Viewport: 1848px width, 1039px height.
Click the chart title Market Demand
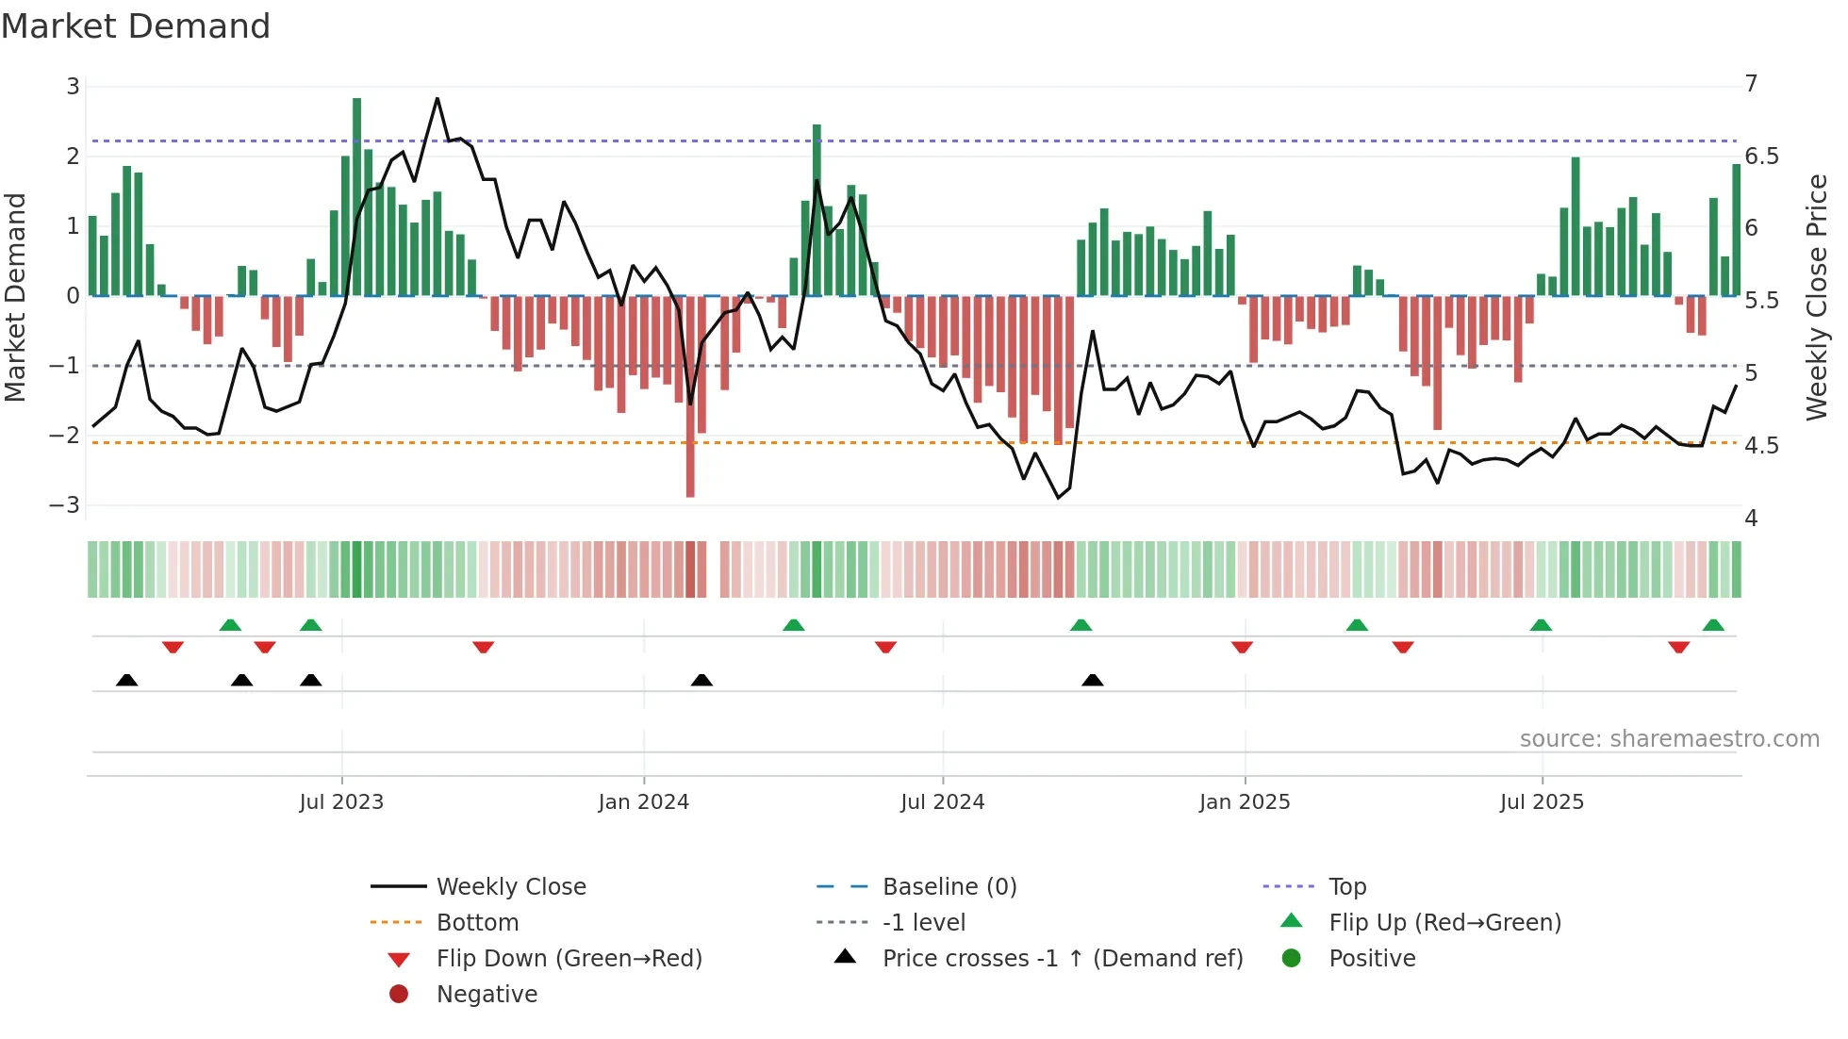[x=136, y=26]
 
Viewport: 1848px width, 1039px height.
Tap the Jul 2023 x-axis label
[x=341, y=802]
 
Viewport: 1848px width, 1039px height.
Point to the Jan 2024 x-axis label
[x=643, y=802]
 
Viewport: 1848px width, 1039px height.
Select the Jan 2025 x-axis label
[x=1244, y=802]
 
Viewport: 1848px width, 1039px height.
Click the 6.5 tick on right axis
[x=1761, y=157]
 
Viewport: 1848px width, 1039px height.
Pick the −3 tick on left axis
[x=65, y=504]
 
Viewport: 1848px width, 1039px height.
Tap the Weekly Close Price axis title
[x=1816, y=297]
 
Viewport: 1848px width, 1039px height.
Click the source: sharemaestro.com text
[x=1669, y=739]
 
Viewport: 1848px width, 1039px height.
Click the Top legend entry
[x=1346, y=887]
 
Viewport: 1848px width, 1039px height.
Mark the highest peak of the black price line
[x=437, y=99]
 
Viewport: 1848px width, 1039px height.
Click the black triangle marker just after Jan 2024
[x=701, y=680]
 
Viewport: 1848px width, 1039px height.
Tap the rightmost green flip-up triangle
[x=1713, y=625]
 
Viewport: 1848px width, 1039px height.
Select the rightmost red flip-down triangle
[x=1678, y=647]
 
